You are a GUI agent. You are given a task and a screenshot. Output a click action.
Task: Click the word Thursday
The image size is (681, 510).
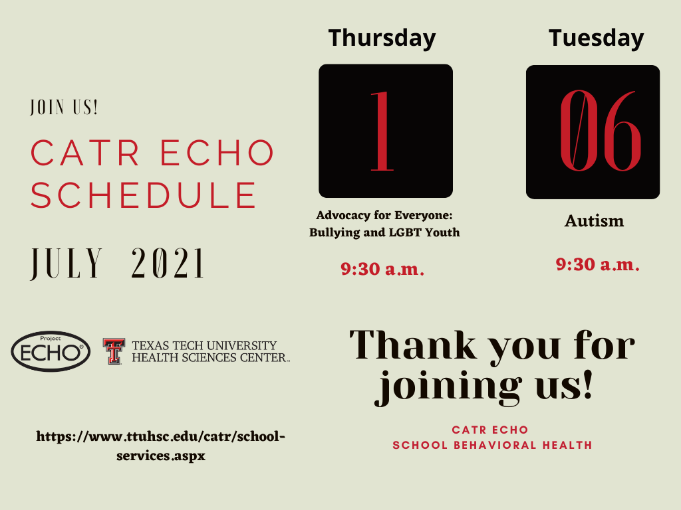(382, 39)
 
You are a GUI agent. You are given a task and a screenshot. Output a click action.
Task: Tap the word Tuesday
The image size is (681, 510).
(596, 38)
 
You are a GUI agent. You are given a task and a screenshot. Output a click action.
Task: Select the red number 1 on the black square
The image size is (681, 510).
(382, 131)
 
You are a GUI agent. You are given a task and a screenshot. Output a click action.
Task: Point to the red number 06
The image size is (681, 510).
(601, 131)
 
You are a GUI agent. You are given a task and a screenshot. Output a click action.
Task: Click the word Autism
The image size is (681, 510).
(594, 220)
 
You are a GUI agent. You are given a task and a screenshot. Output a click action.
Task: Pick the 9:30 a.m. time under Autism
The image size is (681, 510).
(598, 264)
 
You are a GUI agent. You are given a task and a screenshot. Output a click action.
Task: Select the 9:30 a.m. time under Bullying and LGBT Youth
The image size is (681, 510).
(382, 269)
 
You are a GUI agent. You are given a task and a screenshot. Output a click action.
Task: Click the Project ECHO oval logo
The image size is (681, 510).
(51, 351)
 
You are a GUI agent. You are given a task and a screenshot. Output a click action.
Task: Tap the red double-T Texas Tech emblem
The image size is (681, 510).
(114, 351)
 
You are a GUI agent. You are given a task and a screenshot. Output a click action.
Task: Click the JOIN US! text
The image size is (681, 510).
(64, 107)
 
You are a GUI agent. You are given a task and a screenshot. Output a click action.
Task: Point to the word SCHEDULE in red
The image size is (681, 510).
(144, 195)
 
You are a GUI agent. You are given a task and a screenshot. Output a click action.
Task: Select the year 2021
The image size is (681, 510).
(168, 263)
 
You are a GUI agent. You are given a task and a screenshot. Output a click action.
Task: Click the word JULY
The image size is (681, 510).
(67, 264)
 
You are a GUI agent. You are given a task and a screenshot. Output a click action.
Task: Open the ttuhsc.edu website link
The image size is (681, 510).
(161, 446)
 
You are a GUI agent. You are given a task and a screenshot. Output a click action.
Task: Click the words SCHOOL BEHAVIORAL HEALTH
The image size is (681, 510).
(493, 446)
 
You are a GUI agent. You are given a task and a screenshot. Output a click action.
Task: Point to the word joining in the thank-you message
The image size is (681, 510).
(448, 386)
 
